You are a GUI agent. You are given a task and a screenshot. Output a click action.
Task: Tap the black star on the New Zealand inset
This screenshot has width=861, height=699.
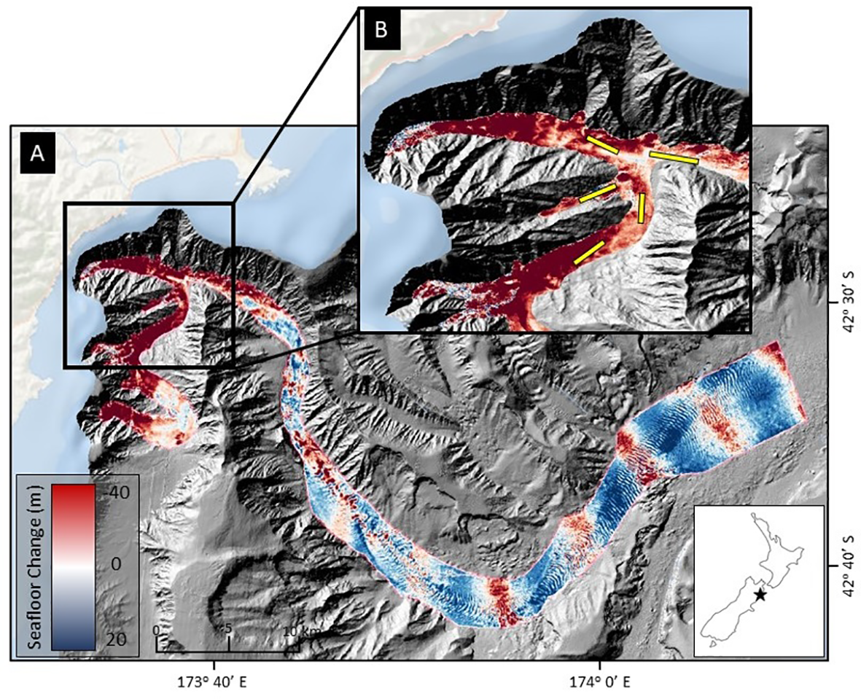pyautogui.click(x=760, y=595)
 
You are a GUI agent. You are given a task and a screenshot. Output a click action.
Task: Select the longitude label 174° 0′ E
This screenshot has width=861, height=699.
pyautogui.click(x=599, y=683)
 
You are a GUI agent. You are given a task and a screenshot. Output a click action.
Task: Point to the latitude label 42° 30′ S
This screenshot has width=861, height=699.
pyautogui.click(x=846, y=291)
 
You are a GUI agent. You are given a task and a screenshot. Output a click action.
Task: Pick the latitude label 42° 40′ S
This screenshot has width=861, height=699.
pyautogui.click(x=846, y=555)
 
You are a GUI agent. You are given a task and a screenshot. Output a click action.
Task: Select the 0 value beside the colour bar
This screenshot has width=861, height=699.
pyautogui.click(x=110, y=566)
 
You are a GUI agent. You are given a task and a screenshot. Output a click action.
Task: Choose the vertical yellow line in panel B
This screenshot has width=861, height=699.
pyautogui.click(x=642, y=208)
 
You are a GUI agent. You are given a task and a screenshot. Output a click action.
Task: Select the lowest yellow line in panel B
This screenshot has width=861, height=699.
pyautogui.click(x=588, y=252)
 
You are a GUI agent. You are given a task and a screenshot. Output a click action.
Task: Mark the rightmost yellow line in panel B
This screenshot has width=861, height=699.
pyautogui.click(x=674, y=157)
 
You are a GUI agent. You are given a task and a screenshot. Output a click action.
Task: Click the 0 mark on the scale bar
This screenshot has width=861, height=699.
pyautogui.click(x=156, y=630)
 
